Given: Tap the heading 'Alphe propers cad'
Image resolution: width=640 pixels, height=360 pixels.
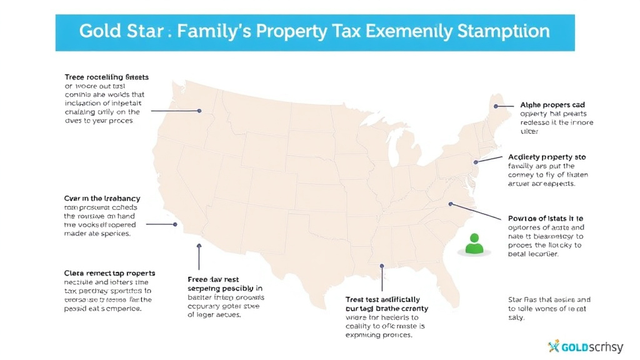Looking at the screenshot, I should click(552, 105).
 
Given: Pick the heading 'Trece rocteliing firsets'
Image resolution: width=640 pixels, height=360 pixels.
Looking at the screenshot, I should click(107, 77).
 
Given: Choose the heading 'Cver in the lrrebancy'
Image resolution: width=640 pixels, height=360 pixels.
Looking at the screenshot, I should click(102, 198).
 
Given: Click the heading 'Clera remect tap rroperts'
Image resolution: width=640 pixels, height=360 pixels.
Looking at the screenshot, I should click(110, 273).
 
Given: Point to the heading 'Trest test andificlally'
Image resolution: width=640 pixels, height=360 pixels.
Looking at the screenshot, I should click(382, 300).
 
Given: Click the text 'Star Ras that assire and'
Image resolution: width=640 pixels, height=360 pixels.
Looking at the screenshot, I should click(549, 300).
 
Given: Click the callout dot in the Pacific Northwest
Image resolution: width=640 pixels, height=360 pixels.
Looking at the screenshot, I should click(199, 111).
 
